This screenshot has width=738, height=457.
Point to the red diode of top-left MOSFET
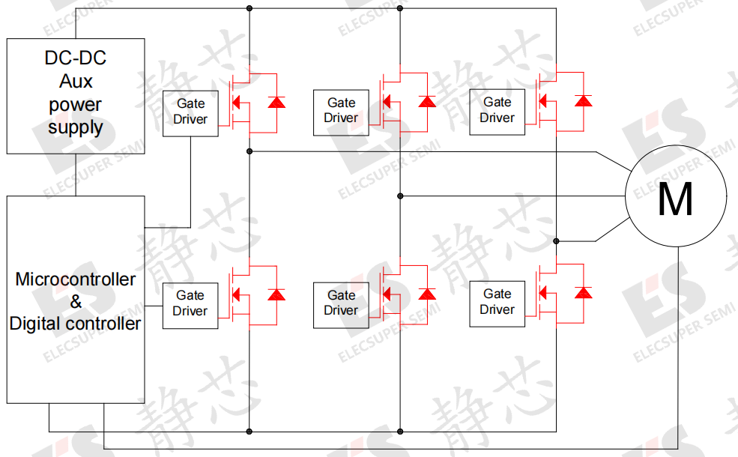click(x=276, y=102)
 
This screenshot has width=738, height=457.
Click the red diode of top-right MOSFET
click(x=584, y=100)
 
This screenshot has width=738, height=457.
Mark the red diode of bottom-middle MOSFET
click(x=427, y=294)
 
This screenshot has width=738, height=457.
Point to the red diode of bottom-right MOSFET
click(x=584, y=293)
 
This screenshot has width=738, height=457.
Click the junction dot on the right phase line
click(x=557, y=241)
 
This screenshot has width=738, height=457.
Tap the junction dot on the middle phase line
click(x=400, y=196)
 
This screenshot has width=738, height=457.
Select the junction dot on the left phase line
click(x=249, y=151)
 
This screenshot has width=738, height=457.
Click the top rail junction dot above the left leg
click(x=249, y=8)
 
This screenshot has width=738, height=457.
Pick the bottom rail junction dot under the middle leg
click(x=400, y=431)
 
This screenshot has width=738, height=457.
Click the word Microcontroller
click(x=76, y=279)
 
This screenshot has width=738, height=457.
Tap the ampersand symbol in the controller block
click(x=76, y=301)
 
